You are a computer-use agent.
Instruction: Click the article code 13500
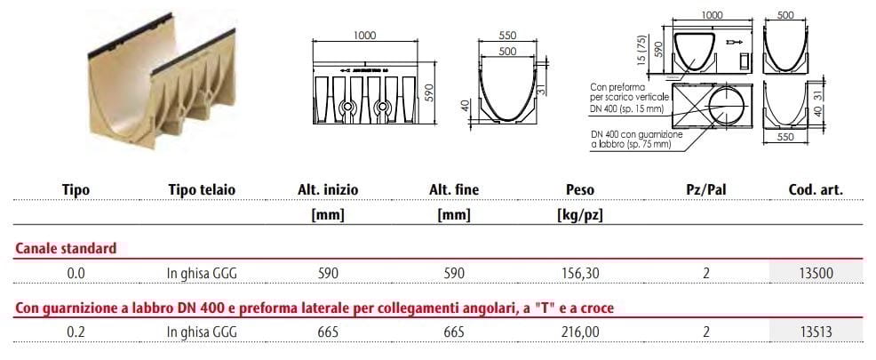(x=816, y=274)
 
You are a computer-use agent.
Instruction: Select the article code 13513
(x=816, y=332)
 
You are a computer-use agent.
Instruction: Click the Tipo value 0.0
(x=76, y=274)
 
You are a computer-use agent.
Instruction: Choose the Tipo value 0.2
(x=76, y=332)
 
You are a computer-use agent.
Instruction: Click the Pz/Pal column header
(x=705, y=189)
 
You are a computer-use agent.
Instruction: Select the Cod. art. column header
(x=816, y=189)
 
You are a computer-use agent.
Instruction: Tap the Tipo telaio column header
(x=202, y=189)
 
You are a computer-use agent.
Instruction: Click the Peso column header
(x=580, y=189)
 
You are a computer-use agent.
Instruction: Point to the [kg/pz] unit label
(x=580, y=214)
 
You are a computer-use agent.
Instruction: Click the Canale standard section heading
(x=66, y=250)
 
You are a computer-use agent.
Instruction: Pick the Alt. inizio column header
(x=329, y=189)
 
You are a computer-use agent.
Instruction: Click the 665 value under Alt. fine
(x=454, y=332)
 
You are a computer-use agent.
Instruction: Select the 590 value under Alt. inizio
(x=329, y=274)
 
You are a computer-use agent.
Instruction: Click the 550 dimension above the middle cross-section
(x=507, y=35)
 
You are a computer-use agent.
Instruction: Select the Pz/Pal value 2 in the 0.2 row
(x=705, y=332)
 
